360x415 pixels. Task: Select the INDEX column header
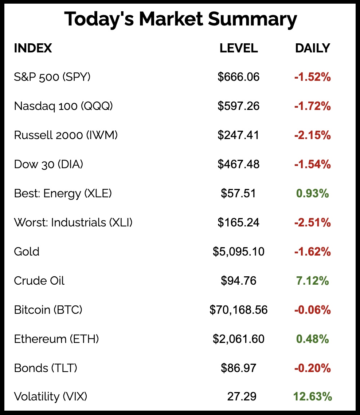33,48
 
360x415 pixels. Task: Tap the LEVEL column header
239,48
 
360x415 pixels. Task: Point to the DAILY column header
312,48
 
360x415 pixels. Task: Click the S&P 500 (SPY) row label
52,77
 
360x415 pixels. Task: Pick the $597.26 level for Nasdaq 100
239,106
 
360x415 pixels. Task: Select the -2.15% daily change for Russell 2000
312,135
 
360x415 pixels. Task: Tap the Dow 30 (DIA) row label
48,164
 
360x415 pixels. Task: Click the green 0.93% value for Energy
312,193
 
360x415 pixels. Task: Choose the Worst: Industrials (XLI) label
73,222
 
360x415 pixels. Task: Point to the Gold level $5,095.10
239,252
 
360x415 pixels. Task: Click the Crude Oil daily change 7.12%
312,281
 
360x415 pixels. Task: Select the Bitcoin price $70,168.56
239,310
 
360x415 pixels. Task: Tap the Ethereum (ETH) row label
56,339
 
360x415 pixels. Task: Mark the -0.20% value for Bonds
312,368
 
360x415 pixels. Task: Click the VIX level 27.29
242,396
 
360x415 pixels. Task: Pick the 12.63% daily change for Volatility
312,396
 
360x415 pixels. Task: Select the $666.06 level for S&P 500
239,77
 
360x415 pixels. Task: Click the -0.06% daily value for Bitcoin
312,310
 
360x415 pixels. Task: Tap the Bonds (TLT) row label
46,368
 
